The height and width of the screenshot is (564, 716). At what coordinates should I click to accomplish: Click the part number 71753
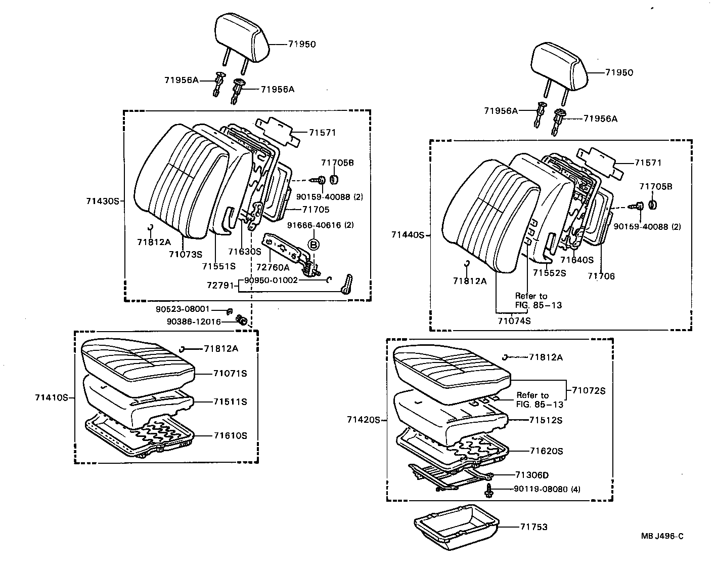[x=533, y=527]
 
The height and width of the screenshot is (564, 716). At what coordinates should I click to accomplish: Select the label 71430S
[x=102, y=201]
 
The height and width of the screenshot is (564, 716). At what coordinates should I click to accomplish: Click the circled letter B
[x=314, y=245]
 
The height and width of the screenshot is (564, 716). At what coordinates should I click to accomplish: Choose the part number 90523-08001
[x=183, y=309]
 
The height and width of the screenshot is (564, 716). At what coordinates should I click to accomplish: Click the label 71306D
[x=532, y=475]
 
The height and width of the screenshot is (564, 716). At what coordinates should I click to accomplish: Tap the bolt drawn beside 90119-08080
[x=489, y=489]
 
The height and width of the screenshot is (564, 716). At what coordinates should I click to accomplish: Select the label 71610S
[x=230, y=435]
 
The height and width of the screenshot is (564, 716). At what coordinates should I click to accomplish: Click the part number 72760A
[x=273, y=267]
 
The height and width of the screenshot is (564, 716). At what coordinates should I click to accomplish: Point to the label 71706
[x=601, y=276]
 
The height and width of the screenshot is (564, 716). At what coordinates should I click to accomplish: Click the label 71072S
[x=589, y=390]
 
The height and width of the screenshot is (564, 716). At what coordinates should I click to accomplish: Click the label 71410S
[x=52, y=397]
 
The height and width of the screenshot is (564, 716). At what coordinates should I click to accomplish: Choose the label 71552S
[x=549, y=273]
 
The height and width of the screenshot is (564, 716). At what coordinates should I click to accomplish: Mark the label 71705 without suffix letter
[x=316, y=209]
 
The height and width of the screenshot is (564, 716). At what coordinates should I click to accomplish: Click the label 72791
[x=219, y=286]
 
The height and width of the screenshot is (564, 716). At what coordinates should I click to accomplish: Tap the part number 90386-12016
[x=187, y=321]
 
